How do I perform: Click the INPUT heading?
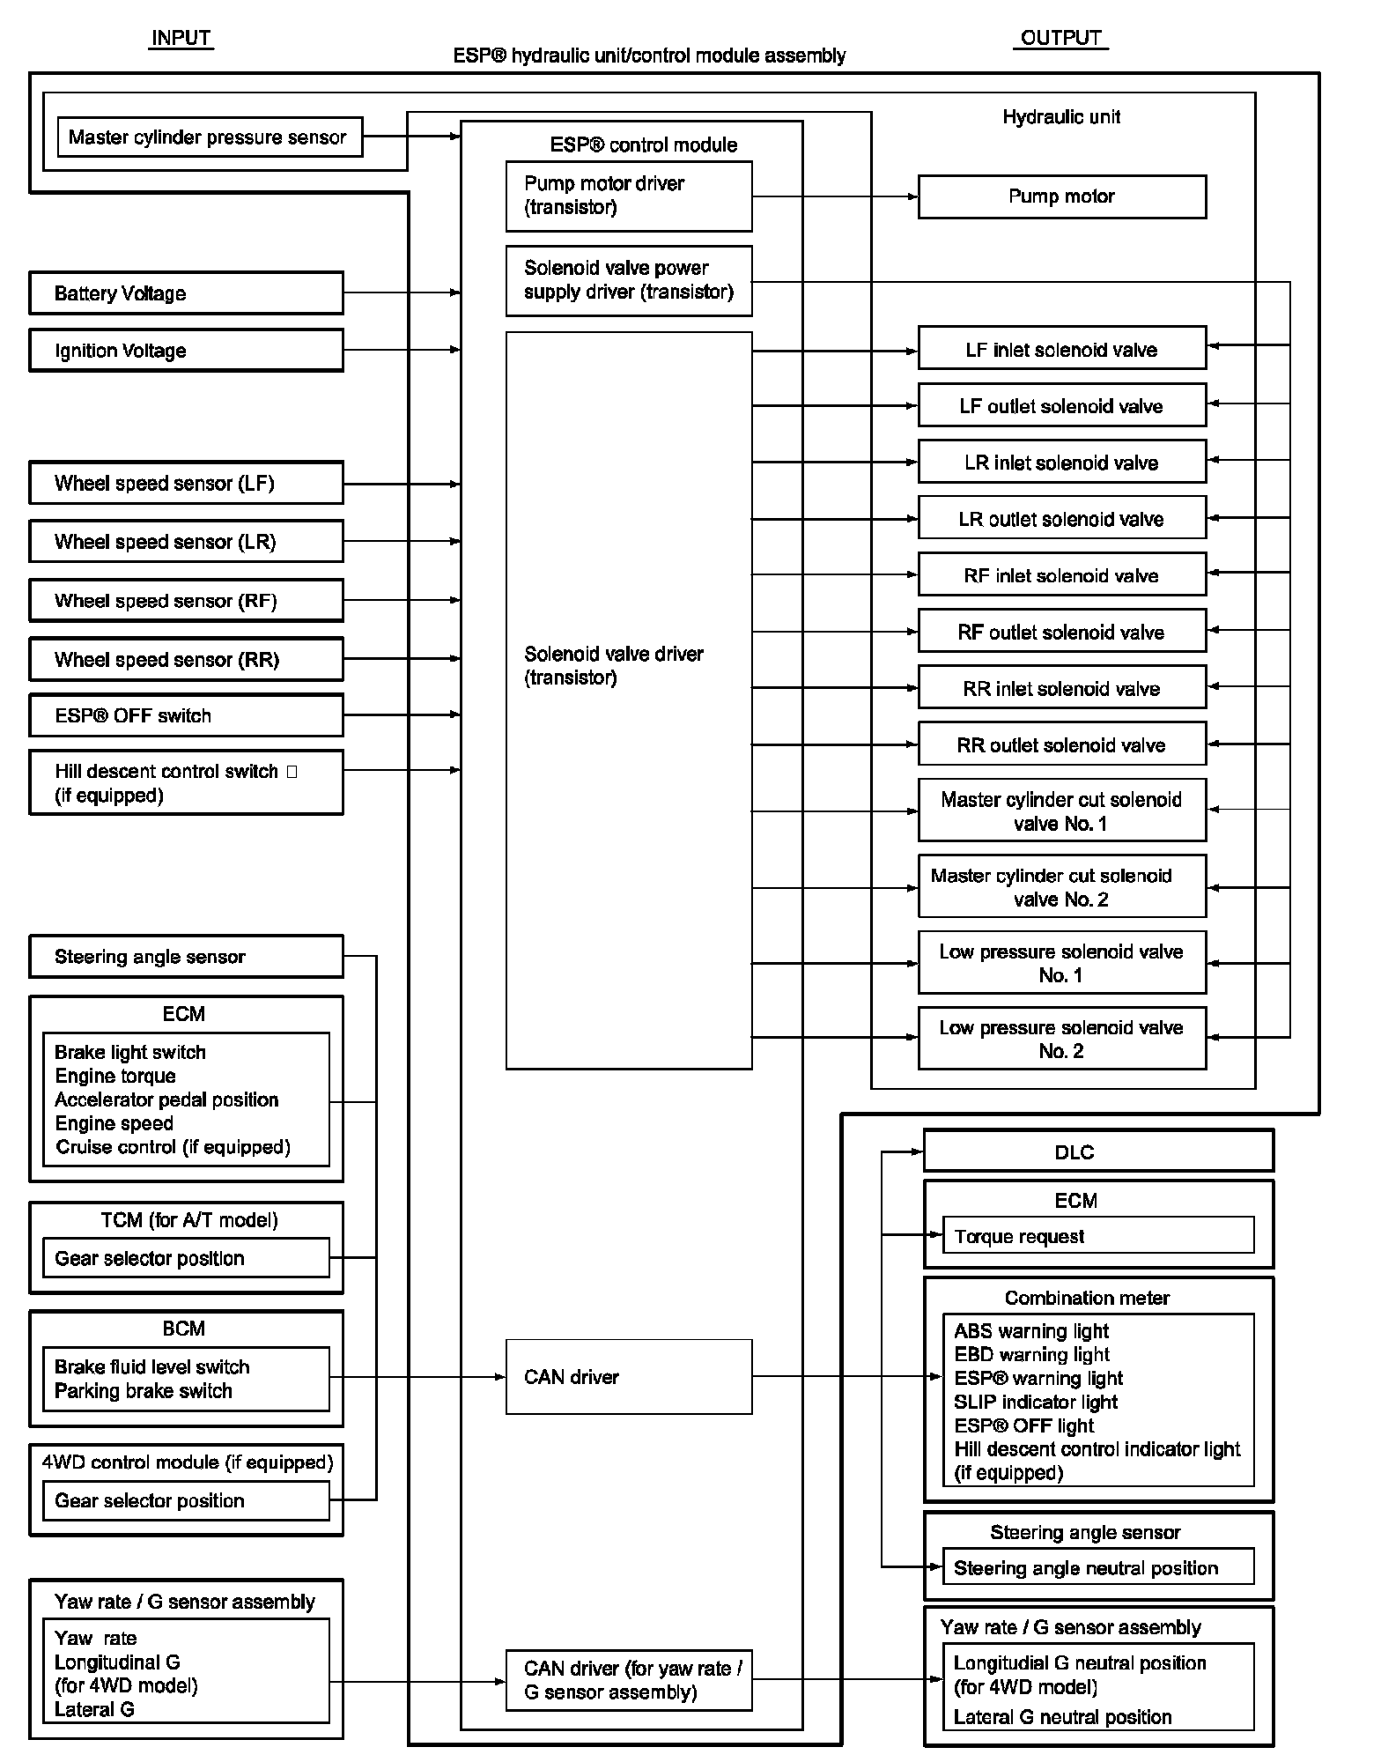[181, 38]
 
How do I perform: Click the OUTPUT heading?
[1060, 38]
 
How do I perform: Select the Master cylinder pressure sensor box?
[209, 137]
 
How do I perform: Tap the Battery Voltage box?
[186, 293]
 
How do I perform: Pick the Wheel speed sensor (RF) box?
[186, 601]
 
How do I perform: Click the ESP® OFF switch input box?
[186, 715]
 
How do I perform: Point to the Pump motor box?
[1061, 196]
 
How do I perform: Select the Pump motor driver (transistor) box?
[628, 196]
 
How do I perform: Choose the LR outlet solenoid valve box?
[1061, 519]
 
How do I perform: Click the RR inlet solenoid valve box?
[1061, 688]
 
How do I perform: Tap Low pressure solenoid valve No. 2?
[1061, 1039]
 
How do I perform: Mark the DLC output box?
[1097, 1151]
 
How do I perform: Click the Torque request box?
[1097, 1236]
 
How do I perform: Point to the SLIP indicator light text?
[1035, 1402]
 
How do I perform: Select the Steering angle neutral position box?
[1097, 1568]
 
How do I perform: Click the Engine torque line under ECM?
[115, 1076]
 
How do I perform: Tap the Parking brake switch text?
[144, 1391]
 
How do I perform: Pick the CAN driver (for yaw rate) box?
[628, 1680]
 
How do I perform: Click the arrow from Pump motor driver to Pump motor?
[834, 196]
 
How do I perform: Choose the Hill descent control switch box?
[186, 782]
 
